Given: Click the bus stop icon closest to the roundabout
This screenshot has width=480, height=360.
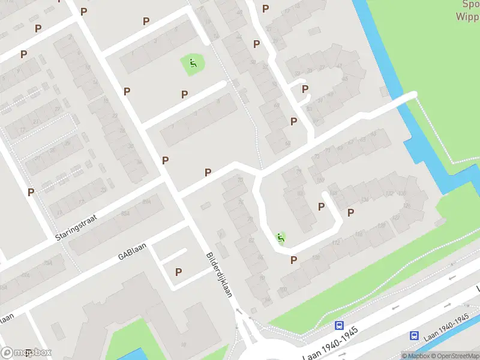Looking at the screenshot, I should [339, 325].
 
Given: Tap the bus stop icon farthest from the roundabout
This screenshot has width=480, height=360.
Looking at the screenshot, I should [415, 336].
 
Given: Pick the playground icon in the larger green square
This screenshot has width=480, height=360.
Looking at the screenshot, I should [193, 63].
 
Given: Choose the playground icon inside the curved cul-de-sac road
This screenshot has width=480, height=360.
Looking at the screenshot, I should [280, 238].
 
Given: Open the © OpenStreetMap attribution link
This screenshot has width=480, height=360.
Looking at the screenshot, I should [455, 356].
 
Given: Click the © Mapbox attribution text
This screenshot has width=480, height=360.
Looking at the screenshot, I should [415, 356].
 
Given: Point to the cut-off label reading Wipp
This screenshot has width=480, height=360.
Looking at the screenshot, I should [467, 16].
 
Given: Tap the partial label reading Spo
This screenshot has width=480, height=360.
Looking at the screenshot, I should [470, 4].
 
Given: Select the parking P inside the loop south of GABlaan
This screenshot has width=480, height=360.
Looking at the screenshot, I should [178, 272].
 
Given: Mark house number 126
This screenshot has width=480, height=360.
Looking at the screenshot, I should [407, 206].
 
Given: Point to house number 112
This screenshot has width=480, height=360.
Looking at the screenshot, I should [336, 243].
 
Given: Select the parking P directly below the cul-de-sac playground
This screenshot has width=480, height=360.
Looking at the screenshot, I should [294, 260].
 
